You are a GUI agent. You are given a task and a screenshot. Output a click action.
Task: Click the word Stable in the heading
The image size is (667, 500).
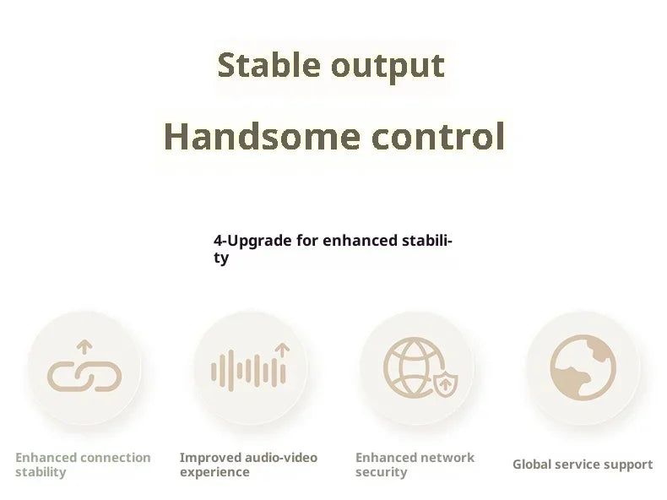pos(268,65)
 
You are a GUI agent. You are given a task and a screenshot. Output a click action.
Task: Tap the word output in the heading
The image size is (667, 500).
pos(388,68)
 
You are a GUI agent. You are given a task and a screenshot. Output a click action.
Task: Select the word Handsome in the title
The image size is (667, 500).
pos(262,136)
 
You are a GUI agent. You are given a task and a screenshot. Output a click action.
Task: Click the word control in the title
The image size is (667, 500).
pos(437,136)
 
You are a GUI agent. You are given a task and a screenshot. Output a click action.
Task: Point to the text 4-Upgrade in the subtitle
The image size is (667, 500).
pos(252,242)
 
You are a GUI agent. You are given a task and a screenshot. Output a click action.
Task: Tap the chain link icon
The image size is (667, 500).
pos(84,376)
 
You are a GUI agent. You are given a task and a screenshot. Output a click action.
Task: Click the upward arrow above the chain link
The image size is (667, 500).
pos(84,347)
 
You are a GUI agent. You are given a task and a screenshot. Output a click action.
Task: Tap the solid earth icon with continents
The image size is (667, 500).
pos(583,367)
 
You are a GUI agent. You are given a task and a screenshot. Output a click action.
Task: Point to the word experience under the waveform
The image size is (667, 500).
pos(214,472)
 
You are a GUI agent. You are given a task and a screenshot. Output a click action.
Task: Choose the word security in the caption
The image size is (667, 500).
pos(382,472)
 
